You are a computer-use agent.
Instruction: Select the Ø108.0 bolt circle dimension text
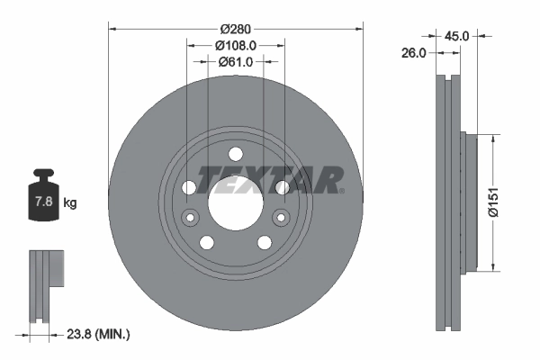[237, 44]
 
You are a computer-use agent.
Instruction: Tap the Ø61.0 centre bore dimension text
[237, 62]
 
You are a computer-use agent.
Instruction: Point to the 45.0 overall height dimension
[457, 36]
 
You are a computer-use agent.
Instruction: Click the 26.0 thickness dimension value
[413, 53]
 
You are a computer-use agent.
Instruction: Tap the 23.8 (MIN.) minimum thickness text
[100, 334]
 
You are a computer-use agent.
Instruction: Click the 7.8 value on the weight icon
[42, 202]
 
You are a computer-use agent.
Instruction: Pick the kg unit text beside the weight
[70, 202]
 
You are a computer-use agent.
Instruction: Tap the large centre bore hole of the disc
[236, 201]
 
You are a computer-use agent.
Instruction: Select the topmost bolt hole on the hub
[236, 154]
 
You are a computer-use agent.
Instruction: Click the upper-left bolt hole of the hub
[189, 187]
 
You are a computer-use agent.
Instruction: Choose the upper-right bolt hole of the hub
[282, 187]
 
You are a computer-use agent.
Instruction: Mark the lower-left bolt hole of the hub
[207, 242]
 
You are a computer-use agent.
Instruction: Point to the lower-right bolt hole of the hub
[265, 242]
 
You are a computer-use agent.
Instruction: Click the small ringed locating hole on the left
[189, 217]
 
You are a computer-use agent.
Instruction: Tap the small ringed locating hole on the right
[282, 217]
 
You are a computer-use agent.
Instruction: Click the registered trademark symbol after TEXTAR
[341, 190]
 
